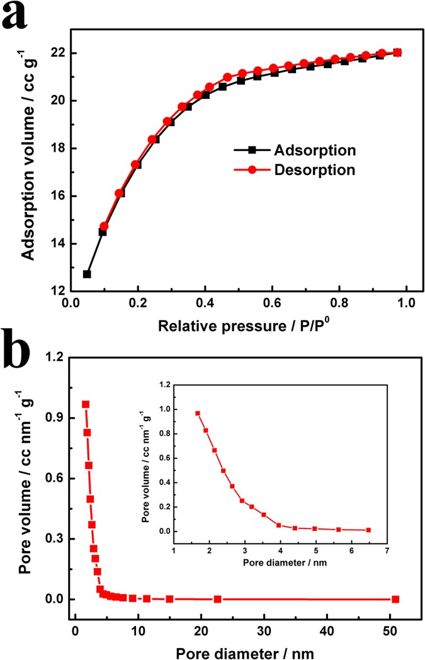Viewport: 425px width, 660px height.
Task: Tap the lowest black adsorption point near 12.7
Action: tap(87, 274)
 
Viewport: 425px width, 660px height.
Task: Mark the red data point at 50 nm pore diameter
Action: tap(395, 599)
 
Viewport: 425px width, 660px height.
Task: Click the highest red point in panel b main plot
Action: tap(86, 404)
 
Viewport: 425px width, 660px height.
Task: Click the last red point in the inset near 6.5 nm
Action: tap(368, 530)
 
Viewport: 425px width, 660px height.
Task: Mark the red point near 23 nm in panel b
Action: tap(217, 599)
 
